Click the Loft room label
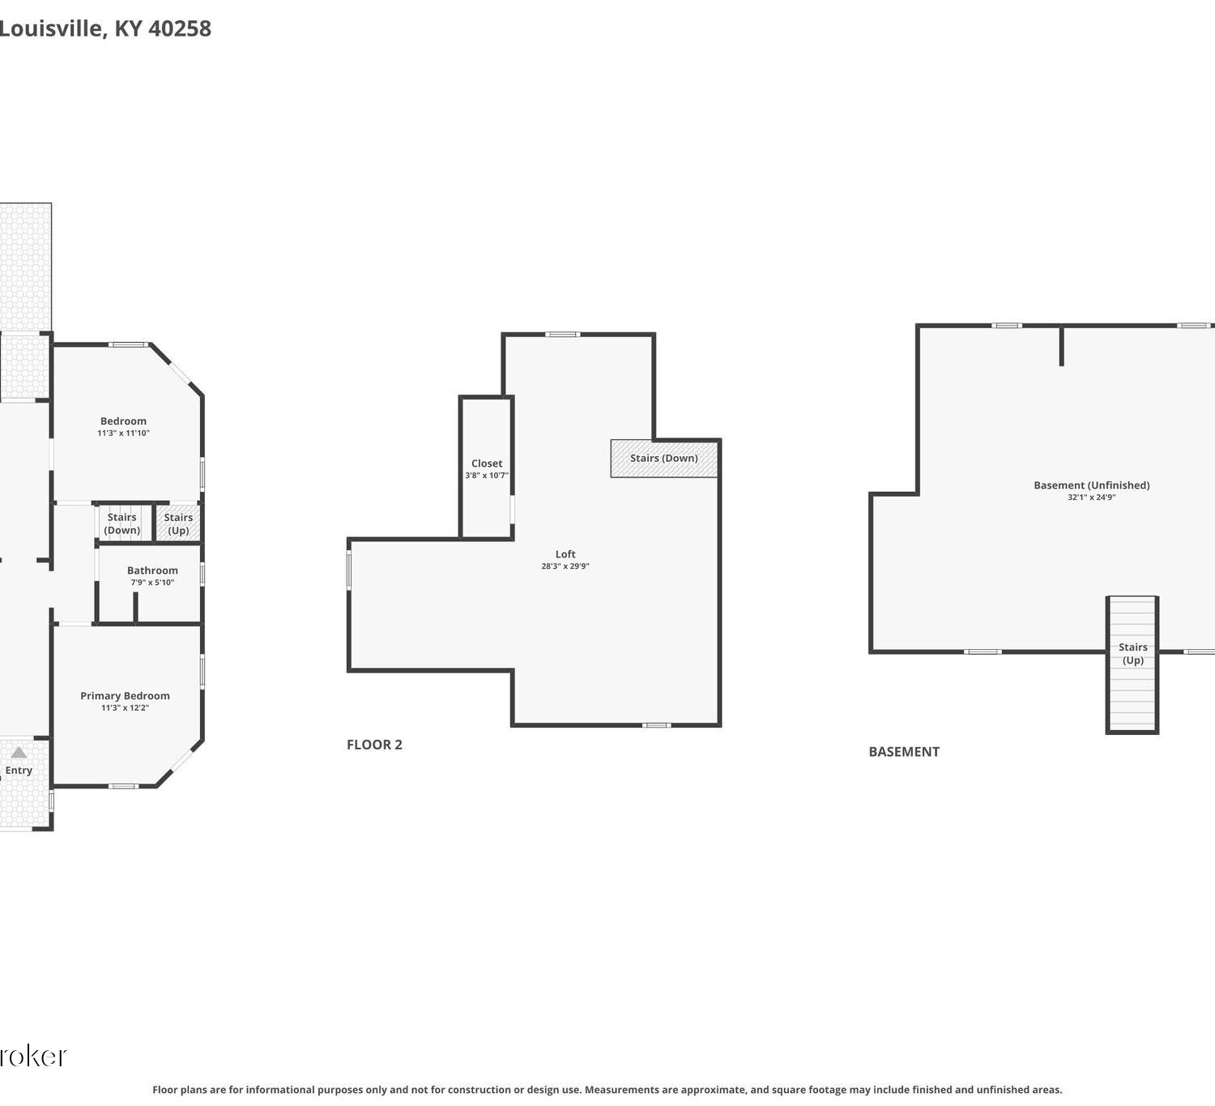point(565,554)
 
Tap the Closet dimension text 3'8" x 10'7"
point(486,475)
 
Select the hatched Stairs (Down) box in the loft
point(664,458)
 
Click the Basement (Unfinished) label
point(1091,485)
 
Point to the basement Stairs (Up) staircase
point(1132,664)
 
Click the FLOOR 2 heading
point(374,744)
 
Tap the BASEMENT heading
point(904,751)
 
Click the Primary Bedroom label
point(125,696)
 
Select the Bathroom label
point(152,570)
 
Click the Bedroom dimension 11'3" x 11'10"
point(124,433)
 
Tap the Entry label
point(19,771)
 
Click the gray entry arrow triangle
point(19,752)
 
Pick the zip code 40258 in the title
point(180,28)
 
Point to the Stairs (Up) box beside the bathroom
point(178,523)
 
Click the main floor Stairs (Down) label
point(122,523)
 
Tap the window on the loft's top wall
point(563,335)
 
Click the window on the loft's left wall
point(349,570)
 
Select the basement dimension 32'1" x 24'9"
point(1091,497)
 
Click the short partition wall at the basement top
point(1061,346)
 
